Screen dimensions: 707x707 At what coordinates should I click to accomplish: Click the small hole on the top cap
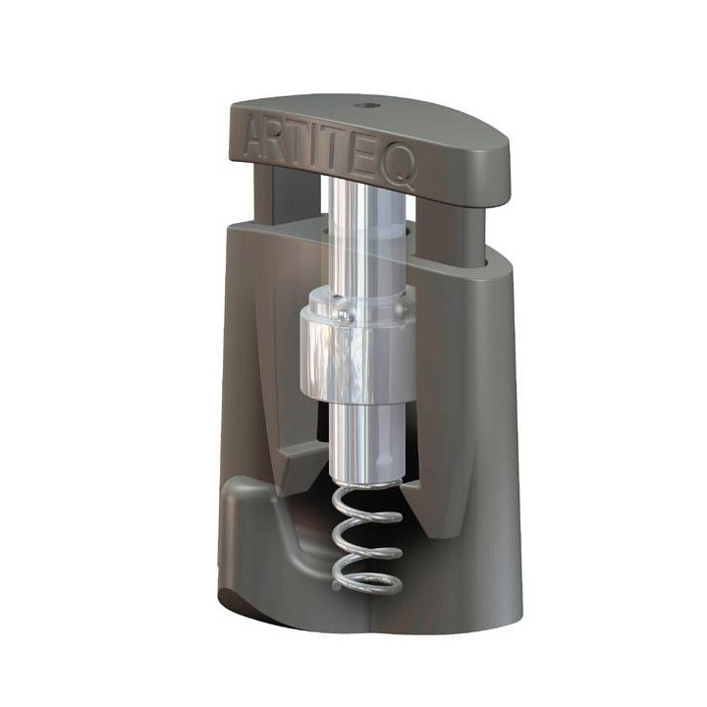tap(364, 106)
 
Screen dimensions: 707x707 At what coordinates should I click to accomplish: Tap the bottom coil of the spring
tap(367, 580)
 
